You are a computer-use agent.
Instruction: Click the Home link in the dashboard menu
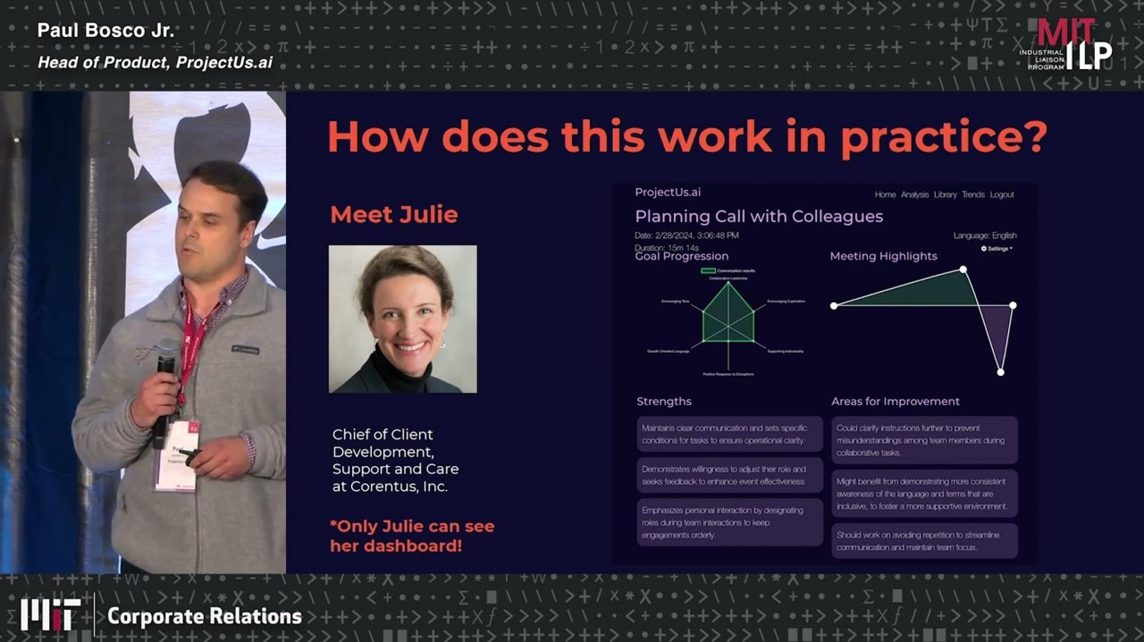(885, 195)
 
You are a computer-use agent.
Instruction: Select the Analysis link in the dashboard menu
(915, 195)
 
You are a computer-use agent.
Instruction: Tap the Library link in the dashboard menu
(945, 195)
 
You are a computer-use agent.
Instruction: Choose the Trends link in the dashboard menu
(973, 195)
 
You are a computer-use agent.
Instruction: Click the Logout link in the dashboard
(1002, 195)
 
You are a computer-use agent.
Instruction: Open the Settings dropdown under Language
(997, 248)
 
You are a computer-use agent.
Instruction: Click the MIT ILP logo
(1066, 45)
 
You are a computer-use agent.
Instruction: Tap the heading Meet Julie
(394, 215)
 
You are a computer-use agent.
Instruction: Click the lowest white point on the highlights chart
(1000, 372)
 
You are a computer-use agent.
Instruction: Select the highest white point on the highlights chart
(963, 269)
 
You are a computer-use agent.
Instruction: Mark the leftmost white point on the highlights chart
(834, 305)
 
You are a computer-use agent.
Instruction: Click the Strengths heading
(664, 401)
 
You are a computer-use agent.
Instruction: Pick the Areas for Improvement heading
(895, 401)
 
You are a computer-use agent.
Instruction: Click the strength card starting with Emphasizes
(730, 522)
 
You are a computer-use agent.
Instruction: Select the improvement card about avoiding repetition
(924, 541)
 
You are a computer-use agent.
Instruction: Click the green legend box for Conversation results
(708, 271)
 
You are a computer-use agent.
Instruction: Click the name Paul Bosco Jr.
(105, 31)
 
